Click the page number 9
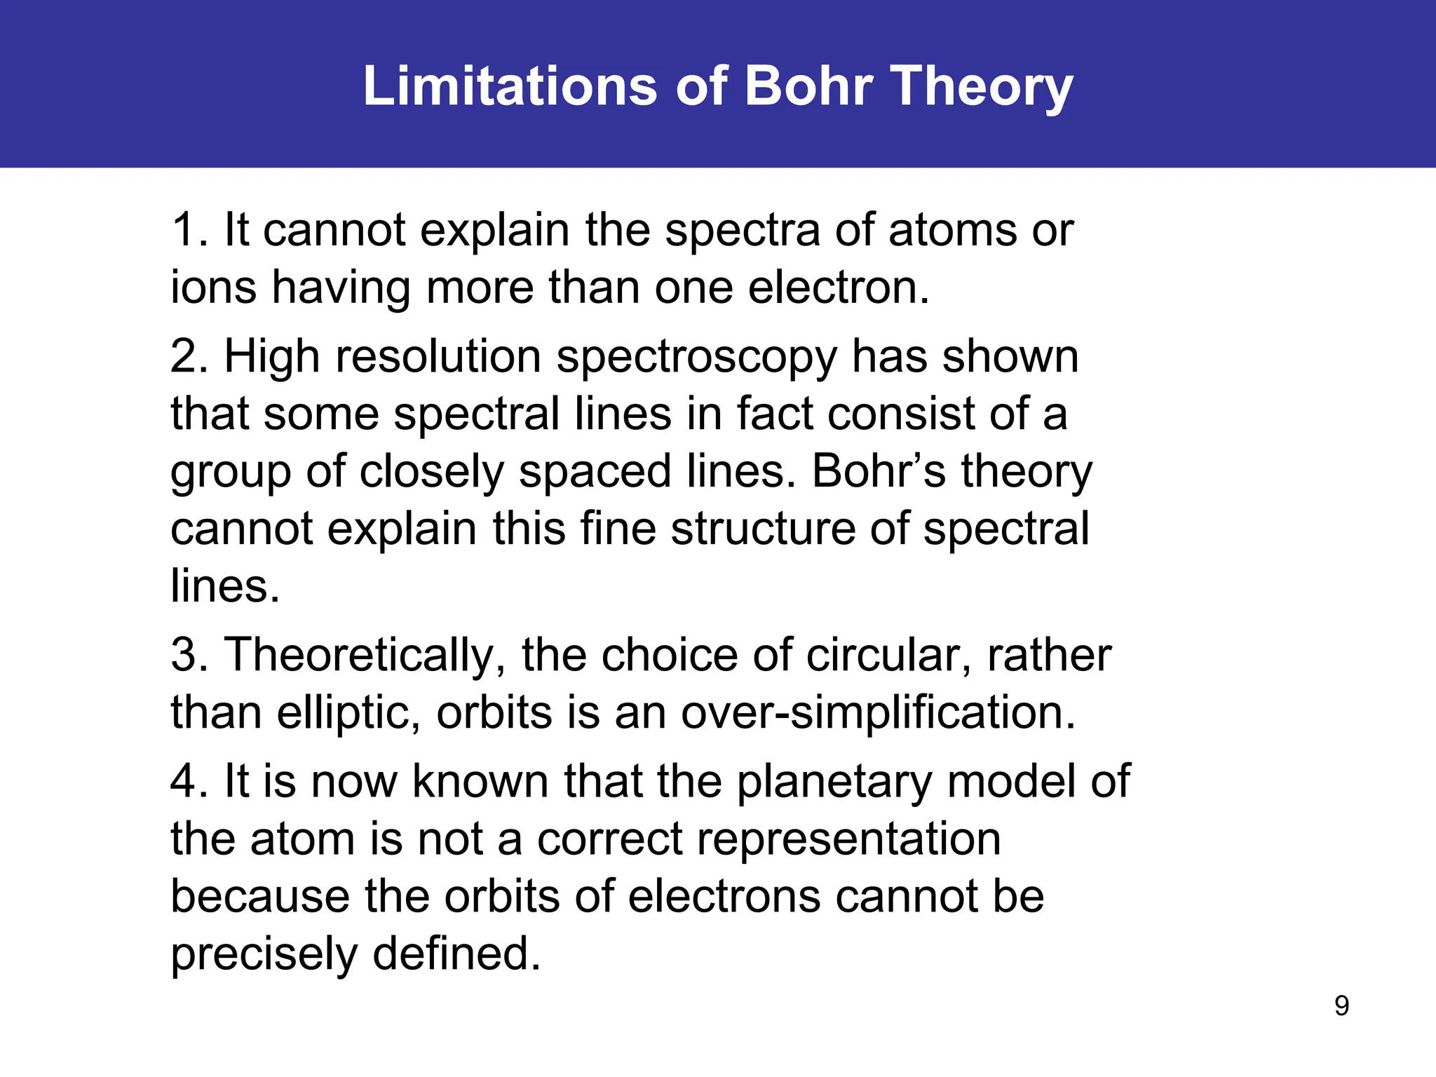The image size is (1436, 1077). pyautogui.click(x=1341, y=1005)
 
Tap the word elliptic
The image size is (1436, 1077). pyautogui.click(x=348, y=713)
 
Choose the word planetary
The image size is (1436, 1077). pyautogui.click(x=834, y=783)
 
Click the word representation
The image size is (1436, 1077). pyautogui.click(x=768, y=840)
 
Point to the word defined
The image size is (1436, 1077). pyautogui.click(x=456, y=954)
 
